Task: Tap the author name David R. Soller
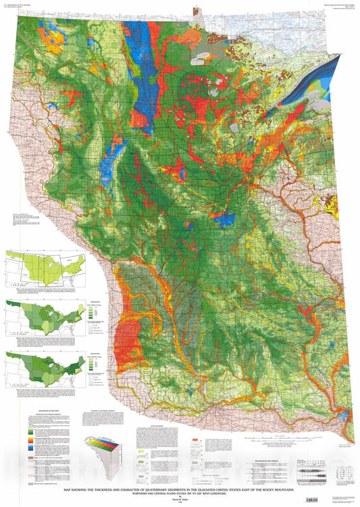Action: tap(180, 500)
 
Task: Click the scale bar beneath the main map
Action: tap(317, 470)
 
